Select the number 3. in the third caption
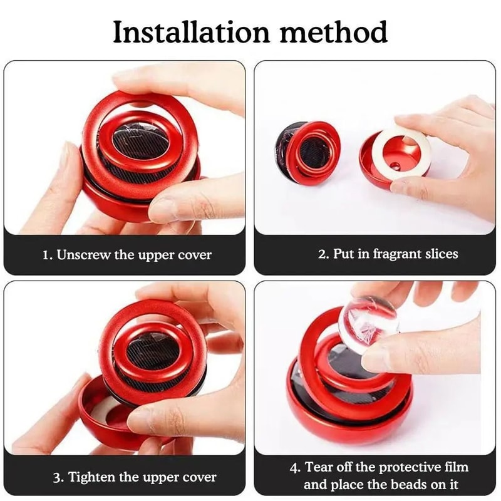[x=58, y=478]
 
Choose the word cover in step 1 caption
[x=194, y=255]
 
